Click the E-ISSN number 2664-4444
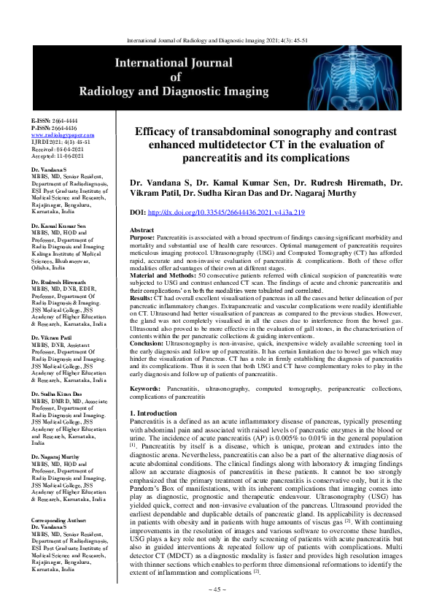click(x=66, y=121)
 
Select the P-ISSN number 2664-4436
click(x=66, y=129)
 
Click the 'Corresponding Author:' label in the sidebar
click(x=61, y=520)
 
